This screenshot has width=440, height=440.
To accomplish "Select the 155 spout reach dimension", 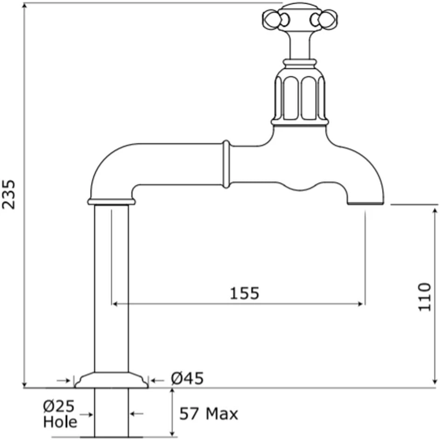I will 244,293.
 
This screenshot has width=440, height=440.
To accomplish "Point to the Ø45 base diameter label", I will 187,379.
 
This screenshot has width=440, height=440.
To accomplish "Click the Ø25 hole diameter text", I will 59,406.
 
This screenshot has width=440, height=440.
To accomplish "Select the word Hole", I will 60,422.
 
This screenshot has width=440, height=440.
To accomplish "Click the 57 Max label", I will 209,413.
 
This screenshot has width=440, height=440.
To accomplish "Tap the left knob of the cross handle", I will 272,20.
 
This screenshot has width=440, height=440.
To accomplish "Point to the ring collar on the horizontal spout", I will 226,164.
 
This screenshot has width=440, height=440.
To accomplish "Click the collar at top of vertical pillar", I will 111,201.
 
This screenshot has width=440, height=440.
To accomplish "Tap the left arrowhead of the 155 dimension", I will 115,304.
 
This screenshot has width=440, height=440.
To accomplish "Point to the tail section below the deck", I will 111,412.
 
